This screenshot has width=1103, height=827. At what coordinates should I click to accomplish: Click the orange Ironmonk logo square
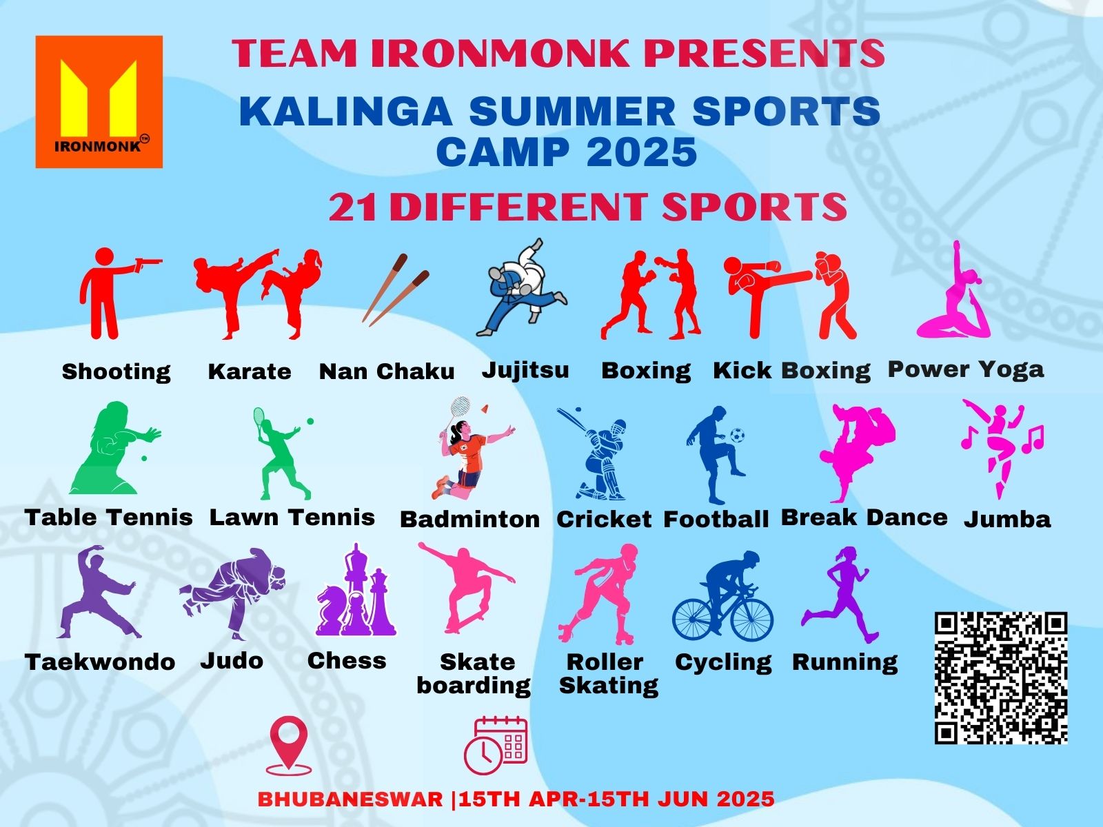(x=99, y=101)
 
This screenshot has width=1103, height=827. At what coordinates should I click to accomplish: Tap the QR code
(x=1000, y=678)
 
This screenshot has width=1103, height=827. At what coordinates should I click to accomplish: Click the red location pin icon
(x=288, y=745)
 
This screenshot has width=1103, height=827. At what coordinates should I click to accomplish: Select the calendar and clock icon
(x=496, y=746)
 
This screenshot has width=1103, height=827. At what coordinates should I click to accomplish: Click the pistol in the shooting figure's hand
(x=149, y=264)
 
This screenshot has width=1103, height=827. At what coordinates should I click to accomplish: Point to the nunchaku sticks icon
(x=396, y=289)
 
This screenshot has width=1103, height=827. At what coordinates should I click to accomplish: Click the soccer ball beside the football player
(x=737, y=435)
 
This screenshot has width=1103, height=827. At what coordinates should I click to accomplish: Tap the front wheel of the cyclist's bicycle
(x=751, y=618)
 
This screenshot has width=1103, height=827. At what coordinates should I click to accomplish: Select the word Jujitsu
(x=525, y=370)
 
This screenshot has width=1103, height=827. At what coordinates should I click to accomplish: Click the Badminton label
(x=470, y=519)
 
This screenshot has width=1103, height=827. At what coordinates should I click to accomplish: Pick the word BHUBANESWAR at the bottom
(x=350, y=799)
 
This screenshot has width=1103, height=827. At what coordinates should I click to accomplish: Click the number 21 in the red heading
(x=352, y=207)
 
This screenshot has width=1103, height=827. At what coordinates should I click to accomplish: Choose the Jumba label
(x=1007, y=519)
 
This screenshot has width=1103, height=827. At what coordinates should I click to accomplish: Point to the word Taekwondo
(x=100, y=662)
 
